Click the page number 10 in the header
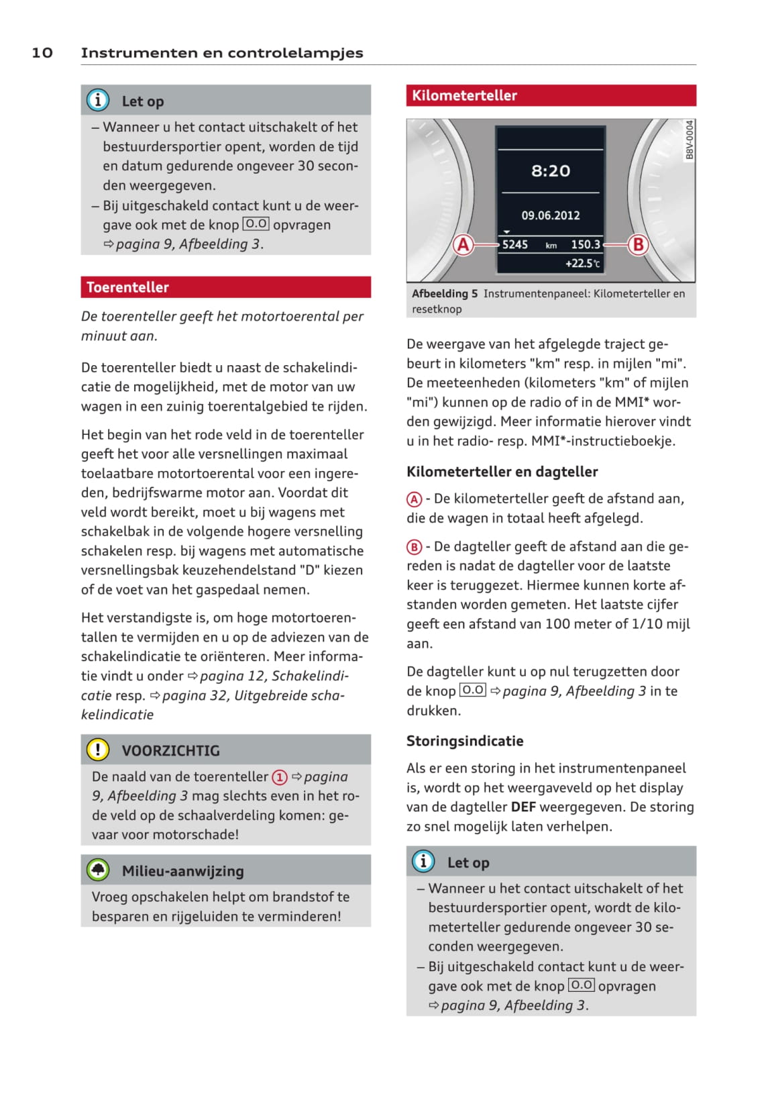(42, 52)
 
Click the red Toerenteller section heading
(127, 287)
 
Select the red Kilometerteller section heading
(464, 95)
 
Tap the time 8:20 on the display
(551, 171)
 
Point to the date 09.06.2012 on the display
(551, 215)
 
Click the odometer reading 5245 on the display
(514, 245)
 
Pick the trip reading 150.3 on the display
(586, 245)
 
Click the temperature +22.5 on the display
(582, 264)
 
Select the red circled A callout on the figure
(463, 245)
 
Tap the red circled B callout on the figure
(638, 245)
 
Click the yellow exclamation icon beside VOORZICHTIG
(98, 749)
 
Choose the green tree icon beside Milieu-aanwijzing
(98, 870)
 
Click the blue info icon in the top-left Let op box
(98, 101)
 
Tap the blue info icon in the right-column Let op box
(423, 861)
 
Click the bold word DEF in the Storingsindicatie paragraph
(523, 807)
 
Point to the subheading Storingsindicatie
(465, 741)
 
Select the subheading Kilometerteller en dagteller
(502, 472)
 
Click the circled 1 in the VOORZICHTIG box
(279, 777)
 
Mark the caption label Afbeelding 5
(445, 294)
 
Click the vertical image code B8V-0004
(690, 140)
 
